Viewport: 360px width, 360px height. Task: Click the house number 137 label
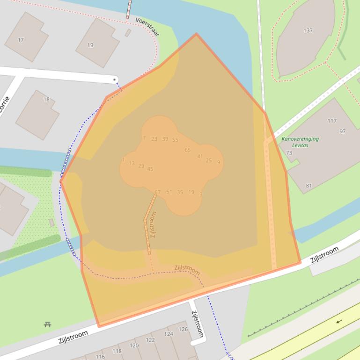[x=308, y=30]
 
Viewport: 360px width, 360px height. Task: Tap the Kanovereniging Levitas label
[x=300, y=142]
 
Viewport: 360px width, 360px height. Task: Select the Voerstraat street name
[x=147, y=26]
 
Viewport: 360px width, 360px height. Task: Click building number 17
[x=21, y=40]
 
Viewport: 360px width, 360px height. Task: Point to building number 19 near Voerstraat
[x=90, y=45]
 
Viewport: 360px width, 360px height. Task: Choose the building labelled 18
[x=46, y=99]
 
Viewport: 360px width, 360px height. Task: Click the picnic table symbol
[x=47, y=324]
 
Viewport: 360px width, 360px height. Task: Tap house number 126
[x=183, y=329]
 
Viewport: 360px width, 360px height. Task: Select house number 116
[x=100, y=356]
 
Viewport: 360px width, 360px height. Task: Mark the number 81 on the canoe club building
[x=309, y=186]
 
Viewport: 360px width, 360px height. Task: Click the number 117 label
[x=332, y=121]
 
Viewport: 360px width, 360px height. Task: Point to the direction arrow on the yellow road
[x=338, y=322]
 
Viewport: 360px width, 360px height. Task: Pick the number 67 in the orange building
[x=157, y=192]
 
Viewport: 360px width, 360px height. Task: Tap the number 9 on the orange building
[x=219, y=162]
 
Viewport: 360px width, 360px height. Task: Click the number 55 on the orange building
[x=175, y=140]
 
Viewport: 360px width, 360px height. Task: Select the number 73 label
[x=289, y=153]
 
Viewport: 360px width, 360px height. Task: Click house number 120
[x=134, y=346]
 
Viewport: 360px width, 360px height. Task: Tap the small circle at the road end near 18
[x=115, y=80]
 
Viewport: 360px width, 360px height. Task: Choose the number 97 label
[x=343, y=131]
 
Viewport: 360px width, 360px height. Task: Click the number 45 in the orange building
[x=150, y=169]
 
